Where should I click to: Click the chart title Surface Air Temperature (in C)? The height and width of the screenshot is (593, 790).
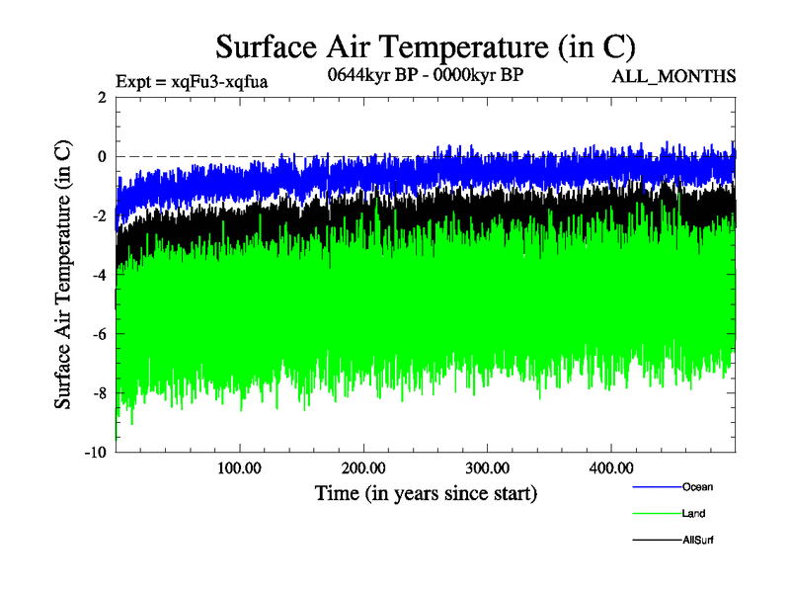pos(425,47)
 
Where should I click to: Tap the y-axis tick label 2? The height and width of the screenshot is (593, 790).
pos(101,97)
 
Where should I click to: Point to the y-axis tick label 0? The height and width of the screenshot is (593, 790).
pos(101,156)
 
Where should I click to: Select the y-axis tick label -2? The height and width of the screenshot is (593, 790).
pos(98,215)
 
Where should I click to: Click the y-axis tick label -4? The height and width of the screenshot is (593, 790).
pos(98,275)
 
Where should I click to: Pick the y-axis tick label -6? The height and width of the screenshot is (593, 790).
pos(98,334)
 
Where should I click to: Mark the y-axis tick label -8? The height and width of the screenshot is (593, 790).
pos(98,393)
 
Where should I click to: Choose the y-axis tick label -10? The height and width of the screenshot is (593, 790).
pos(95,453)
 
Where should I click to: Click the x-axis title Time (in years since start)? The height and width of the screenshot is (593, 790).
pos(426,491)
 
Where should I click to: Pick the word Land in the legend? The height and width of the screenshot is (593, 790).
pos(693,514)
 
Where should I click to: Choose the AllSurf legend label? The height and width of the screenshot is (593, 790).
pos(697,541)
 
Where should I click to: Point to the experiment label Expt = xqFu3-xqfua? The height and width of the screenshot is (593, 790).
pos(192,81)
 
